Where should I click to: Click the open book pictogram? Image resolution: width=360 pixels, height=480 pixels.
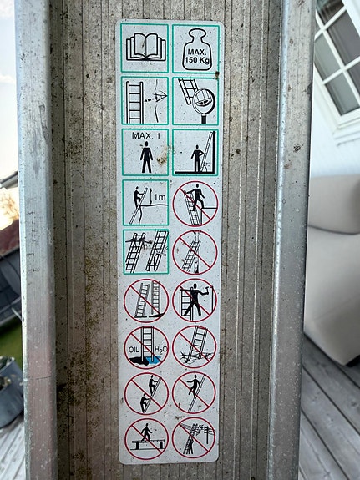(x=146, y=48)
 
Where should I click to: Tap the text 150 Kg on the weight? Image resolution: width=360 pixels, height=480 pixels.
(x=198, y=60)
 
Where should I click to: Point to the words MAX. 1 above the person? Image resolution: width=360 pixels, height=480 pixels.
(x=146, y=135)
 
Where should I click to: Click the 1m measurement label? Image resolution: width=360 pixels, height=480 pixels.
(x=160, y=198)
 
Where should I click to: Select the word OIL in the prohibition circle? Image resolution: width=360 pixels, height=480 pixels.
(x=134, y=349)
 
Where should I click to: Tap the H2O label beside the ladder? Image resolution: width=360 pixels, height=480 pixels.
(x=160, y=349)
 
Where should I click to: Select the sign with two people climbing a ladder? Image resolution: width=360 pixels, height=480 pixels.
(x=146, y=393)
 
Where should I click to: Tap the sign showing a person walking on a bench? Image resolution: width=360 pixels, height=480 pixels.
(x=146, y=438)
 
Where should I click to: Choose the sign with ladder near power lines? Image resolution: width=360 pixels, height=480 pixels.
(x=195, y=437)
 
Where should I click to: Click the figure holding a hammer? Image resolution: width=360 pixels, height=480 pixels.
(x=195, y=299)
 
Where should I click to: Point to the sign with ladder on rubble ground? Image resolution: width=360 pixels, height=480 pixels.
(x=195, y=346)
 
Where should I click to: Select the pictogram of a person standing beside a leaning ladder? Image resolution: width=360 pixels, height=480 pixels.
(x=195, y=153)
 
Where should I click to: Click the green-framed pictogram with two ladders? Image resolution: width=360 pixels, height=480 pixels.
(x=146, y=251)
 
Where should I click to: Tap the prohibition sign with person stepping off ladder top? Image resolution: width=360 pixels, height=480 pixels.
(x=195, y=204)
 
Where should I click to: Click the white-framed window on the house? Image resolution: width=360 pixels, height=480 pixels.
(x=337, y=61)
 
